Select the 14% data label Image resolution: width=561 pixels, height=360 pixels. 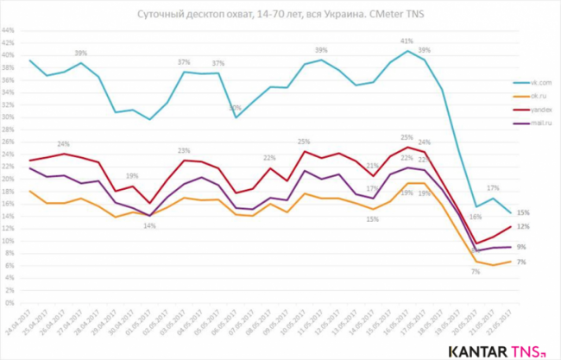[150, 226]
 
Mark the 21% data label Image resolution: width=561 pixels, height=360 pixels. [373, 165]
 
